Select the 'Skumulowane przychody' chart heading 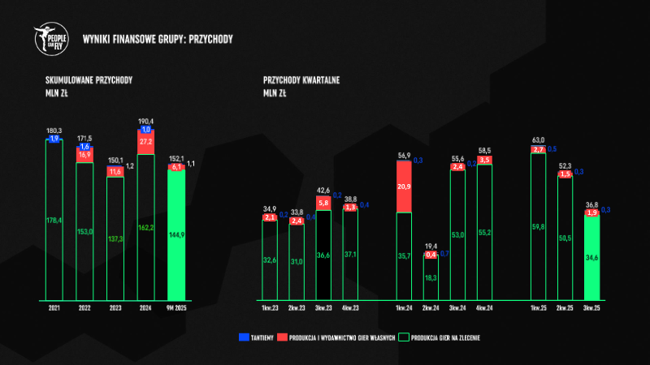click(89, 81)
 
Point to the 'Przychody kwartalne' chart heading click(301, 81)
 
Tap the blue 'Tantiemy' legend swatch click(243, 337)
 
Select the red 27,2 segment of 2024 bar click(146, 141)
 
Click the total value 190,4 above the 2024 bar click(146, 120)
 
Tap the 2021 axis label click(54, 309)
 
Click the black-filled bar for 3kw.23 click(324, 255)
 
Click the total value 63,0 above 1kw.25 click(538, 140)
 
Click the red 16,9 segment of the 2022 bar click(85, 154)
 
